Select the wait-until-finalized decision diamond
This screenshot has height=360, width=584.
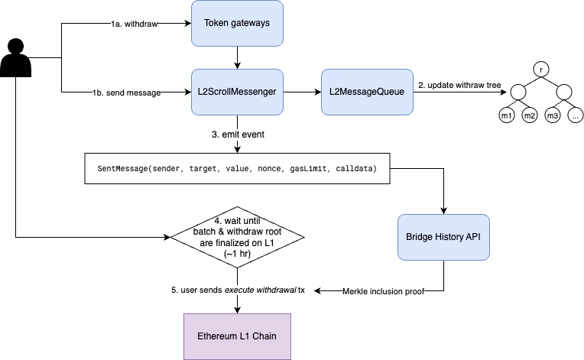point(237,237)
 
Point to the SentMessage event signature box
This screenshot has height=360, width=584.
point(237,167)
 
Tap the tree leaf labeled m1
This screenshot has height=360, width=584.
point(506,116)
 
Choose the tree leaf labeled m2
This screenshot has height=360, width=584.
point(529,116)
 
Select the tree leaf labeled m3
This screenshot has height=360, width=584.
point(553,116)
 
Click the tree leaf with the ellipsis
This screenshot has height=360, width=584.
point(576,116)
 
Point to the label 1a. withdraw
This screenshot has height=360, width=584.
point(134,24)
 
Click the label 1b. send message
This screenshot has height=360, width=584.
point(127,92)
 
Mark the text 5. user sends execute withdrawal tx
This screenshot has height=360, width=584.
point(238,290)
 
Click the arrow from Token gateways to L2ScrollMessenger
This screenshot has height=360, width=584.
point(237,57)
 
